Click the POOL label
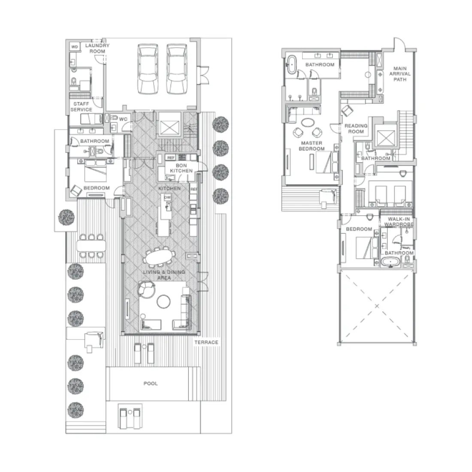(x=151, y=383)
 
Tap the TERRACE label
(x=206, y=342)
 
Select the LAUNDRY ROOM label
(x=97, y=48)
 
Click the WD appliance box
(x=74, y=47)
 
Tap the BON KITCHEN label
(x=181, y=168)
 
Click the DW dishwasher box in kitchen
(x=167, y=197)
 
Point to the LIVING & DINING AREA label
(x=164, y=275)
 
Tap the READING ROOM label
(x=356, y=129)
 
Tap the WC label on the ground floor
(x=124, y=119)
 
